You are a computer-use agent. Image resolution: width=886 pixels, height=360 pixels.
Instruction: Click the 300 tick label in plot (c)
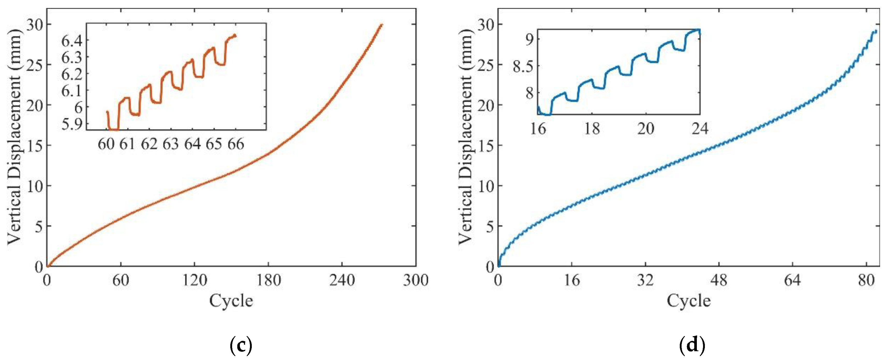[416, 281]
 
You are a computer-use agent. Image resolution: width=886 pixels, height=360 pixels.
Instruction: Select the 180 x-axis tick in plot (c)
[268, 281]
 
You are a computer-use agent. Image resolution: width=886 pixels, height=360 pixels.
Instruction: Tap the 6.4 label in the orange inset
[71, 41]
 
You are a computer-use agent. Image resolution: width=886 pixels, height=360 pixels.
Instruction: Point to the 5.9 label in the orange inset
[71, 124]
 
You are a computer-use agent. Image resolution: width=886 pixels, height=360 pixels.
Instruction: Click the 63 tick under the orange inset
[171, 144]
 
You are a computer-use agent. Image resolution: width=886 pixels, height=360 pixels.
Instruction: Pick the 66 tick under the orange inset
[235, 144]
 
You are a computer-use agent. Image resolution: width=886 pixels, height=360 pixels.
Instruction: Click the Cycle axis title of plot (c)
[231, 301]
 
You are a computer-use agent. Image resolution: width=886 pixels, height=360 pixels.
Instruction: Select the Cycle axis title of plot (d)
[689, 301]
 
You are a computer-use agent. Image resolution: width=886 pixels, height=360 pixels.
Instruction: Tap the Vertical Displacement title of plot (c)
[14, 137]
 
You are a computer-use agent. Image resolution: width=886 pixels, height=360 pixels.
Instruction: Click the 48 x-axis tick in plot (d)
[719, 281]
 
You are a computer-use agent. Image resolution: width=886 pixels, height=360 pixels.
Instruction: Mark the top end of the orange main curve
[381, 25]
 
